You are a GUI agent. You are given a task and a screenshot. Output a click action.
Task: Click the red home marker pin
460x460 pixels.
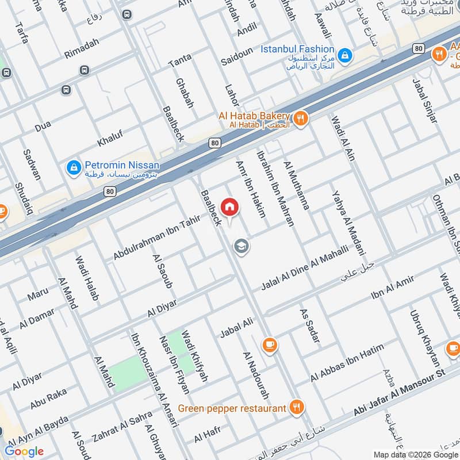[x=229, y=207]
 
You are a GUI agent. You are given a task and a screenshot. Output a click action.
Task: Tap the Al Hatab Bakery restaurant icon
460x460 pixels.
[x=300, y=119]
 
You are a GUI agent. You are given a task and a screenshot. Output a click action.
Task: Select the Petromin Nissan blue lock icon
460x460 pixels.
[x=73, y=167]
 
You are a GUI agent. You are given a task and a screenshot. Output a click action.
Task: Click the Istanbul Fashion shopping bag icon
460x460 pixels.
[x=344, y=55]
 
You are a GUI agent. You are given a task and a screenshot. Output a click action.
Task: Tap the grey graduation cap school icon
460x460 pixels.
[x=241, y=246]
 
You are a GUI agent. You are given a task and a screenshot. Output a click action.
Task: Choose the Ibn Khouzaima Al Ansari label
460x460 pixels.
[x=145, y=371]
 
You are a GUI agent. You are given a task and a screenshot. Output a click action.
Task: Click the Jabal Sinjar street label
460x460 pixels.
[x=425, y=101]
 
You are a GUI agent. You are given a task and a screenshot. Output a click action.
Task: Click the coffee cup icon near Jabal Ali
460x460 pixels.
[x=269, y=344]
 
